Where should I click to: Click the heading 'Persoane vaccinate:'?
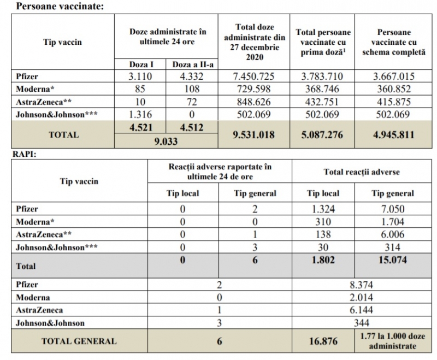pyautogui.click(x=60, y=6)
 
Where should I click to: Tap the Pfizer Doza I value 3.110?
pyautogui.click(x=140, y=76)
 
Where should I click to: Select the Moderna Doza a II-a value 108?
pyautogui.click(x=192, y=89)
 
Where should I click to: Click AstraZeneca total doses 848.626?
pyautogui.click(x=254, y=102)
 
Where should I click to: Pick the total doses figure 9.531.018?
pyautogui.click(x=254, y=135)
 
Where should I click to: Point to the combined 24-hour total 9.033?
pyautogui.click(x=166, y=141)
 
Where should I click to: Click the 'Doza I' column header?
pyautogui.click(x=141, y=64)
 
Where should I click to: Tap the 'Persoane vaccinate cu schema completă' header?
pyautogui.click(x=394, y=42)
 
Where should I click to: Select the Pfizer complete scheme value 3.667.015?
pyautogui.click(x=394, y=76)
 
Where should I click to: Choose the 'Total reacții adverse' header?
pyautogui.click(x=362, y=172)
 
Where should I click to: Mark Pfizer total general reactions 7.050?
pyautogui.click(x=393, y=209)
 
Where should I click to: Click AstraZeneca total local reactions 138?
pyautogui.click(x=323, y=234)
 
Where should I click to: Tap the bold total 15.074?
pyautogui.click(x=393, y=260)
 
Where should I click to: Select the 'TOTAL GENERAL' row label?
pyautogui.click(x=79, y=341)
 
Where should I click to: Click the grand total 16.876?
pyautogui.click(x=323, y=341)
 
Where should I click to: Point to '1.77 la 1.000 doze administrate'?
pyautogui.click(x=393, y=341)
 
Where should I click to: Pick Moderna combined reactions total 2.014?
pyautogui.click(x=362, y=298)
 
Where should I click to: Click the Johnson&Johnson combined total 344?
pyautogui.click(x=362, y=323)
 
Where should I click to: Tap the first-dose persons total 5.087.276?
pyautogui.click(x=322, y=135)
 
